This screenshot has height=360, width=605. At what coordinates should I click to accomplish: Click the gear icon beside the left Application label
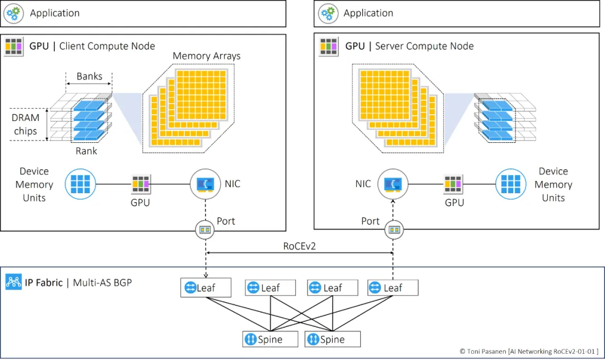coord(13,13)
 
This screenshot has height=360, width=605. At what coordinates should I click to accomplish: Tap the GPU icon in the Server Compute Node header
coord(328,46)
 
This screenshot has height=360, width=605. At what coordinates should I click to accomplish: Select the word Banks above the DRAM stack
coord(90,76)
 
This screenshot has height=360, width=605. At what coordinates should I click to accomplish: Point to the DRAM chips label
coord(26,124)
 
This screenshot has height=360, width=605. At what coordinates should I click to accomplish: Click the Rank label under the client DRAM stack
coord(86,151)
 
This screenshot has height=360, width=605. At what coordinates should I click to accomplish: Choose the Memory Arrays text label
coord(206,56)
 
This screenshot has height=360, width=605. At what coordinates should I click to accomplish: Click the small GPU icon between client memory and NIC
coord(141,184)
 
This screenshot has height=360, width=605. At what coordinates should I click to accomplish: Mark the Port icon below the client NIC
coord(204,229)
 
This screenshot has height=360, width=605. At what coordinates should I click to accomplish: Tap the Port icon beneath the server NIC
coord(394,229)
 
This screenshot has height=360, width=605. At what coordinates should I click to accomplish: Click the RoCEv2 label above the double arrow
coord(300,245)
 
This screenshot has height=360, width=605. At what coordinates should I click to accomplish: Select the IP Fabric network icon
coord(13,281)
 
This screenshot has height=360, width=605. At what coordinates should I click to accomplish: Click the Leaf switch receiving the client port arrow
coord(198,288)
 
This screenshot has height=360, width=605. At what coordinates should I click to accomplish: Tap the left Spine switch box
coord(262,339)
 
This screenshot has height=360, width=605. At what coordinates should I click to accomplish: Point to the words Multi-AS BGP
coord(103,282)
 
